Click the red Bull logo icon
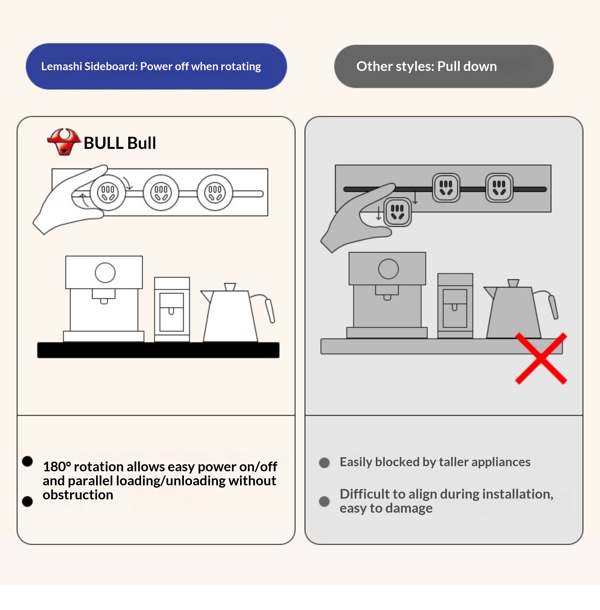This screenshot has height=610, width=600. pos(64,142)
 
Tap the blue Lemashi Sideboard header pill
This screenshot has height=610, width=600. pos(156,67)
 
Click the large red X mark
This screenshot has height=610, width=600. pos(541,358)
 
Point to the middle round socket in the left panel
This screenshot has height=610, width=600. pos(161,193)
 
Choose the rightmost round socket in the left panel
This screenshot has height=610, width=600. pos(215,193)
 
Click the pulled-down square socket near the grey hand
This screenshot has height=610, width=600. pos(397,212)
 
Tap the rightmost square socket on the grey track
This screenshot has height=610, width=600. pos(499,188)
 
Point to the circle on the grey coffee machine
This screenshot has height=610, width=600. pos(388,269)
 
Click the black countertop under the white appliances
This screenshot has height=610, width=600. pos(158,350)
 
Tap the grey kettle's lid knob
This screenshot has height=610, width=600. pos(513,283)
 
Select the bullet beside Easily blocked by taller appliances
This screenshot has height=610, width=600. pos(324,463)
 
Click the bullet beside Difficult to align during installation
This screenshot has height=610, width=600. pos(324,501)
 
